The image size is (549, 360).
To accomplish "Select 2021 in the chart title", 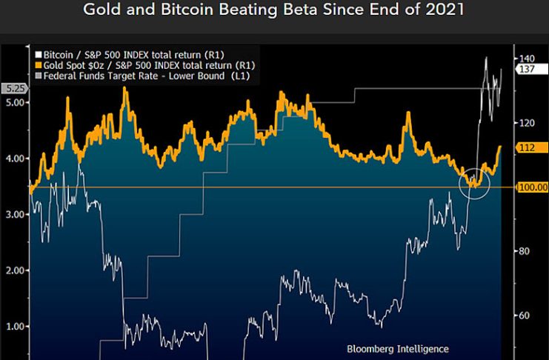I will coord(445,10).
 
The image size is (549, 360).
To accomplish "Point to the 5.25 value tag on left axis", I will coord(15,88).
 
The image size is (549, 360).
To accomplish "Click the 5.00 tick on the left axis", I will coord(14,102).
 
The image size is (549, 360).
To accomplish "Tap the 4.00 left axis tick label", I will coord(14,159).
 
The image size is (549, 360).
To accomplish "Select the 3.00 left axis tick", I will coord(14,214).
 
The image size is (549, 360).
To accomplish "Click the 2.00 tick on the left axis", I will coord(14,270).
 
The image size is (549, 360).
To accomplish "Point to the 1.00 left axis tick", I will coord(14,326).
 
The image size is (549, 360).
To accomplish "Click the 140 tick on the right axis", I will coord(527,58).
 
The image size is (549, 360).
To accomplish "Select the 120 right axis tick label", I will coord(527,122).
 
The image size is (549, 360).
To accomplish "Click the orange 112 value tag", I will coord(528,148).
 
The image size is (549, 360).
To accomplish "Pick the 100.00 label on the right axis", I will coord(533,187).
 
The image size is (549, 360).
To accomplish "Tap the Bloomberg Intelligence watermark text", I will coord(397,347).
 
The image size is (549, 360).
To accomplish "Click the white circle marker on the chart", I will coord(474,182).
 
